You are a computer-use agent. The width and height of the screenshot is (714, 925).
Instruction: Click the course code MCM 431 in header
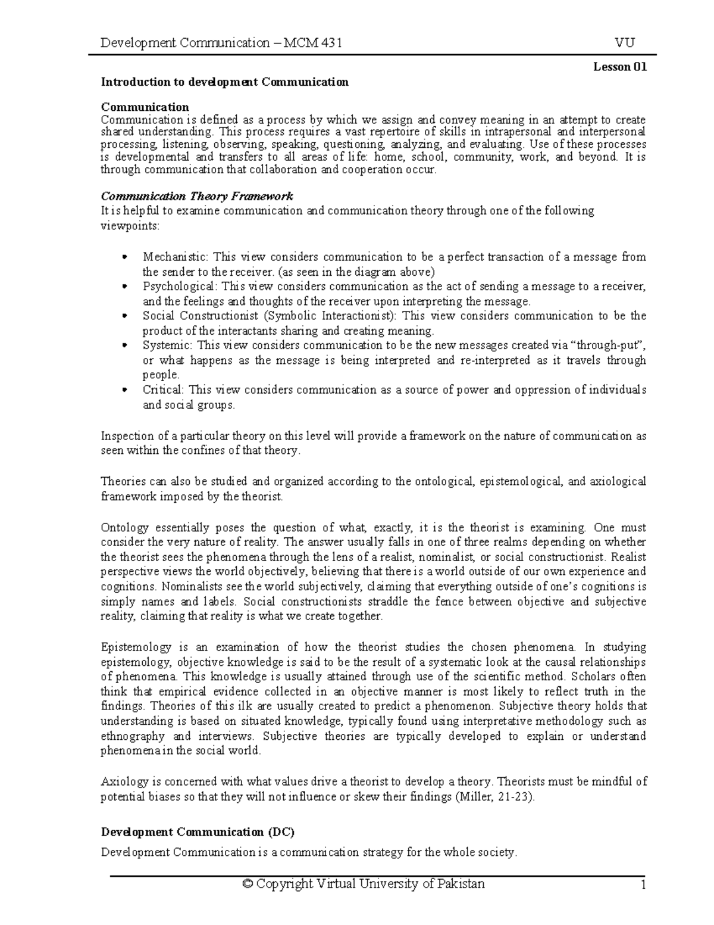(312, 43)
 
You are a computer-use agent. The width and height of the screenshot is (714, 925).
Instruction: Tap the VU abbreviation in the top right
(625, 43)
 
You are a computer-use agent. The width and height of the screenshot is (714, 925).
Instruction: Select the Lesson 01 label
(619, 67)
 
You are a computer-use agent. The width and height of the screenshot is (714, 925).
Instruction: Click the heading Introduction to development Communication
(224, 82)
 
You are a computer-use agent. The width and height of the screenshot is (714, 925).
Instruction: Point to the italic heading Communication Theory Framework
(197, 197)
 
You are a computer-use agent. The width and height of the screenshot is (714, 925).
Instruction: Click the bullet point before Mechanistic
(124, 257)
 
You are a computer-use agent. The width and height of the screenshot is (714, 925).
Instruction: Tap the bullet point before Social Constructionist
(124, 316)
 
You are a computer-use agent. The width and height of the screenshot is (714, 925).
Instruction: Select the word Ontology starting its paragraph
(122, 528)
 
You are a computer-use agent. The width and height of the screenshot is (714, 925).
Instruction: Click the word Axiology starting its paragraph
(121, 781)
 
